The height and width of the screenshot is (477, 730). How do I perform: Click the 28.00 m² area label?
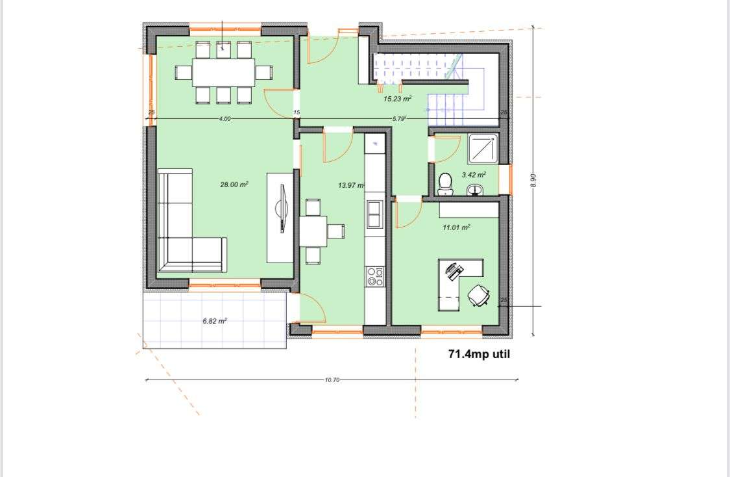tap(234, 185)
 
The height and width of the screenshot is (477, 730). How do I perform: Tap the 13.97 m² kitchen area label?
tap(351, 185)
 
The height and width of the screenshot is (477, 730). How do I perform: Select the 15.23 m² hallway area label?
tap(398, 99)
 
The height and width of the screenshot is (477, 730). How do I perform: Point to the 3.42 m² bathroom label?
tap(473, 175)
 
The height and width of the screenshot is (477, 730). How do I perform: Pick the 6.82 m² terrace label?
tap(215, 321)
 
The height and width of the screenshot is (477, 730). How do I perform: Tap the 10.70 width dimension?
tap(332, 380)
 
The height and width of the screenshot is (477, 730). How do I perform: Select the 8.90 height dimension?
tap(533, 181)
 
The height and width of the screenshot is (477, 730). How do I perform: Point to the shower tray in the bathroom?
tap(483, 149)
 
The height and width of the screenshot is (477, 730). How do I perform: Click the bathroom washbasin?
tap(476, 190)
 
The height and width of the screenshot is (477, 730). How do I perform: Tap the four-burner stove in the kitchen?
tap(375, 277)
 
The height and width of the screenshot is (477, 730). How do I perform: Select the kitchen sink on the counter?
tap(375, 214)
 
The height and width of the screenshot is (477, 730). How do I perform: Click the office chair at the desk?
tap(479, 295)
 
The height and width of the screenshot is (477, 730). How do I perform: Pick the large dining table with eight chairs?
tap(223, 72)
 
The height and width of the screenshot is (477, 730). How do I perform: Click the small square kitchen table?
tap(313, 231)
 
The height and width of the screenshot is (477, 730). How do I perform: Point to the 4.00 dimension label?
tap(225, 119)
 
